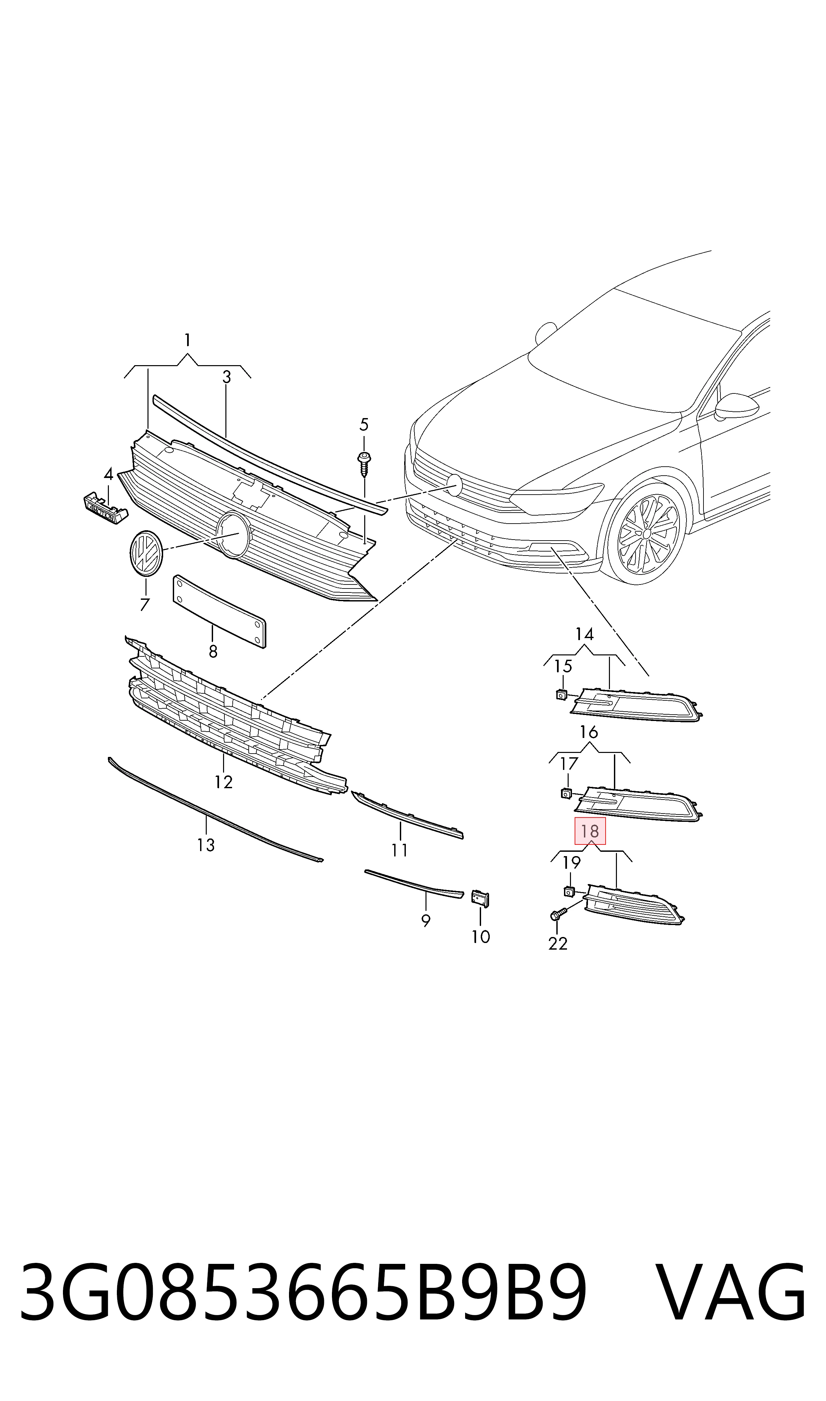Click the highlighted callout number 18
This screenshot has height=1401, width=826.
coord(590,831)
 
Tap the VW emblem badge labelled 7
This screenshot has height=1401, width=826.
coord(146,554)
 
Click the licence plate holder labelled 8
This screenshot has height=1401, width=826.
coord(220,611)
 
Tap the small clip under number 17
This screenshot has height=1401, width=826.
coord(566,793)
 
